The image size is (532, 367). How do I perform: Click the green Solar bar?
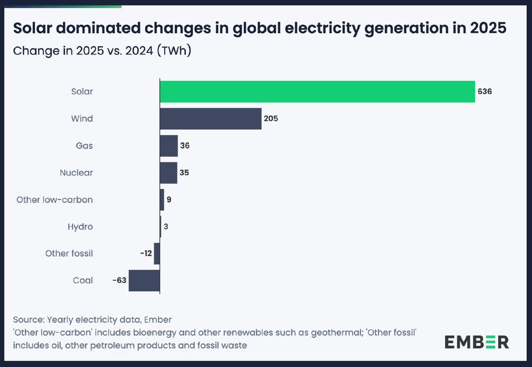(317, 92)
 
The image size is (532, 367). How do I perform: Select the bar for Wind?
(211, 118)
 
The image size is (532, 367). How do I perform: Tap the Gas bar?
(168, 146)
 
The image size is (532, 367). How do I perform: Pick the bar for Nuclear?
(168, 173)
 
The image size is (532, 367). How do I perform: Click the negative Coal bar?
(144, 280)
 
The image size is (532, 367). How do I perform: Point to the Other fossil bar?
(156, 253)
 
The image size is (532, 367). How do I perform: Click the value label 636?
(485, 92)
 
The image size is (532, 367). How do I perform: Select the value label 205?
(271, 119)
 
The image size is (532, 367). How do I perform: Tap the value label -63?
(119, 280)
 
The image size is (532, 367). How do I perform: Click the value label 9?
(169, 200)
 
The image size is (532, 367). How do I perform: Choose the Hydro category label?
(80, 227)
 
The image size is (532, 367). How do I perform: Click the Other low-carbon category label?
(55, 200)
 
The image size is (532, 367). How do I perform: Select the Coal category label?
(83, 280)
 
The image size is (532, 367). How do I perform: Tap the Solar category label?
(82, 92)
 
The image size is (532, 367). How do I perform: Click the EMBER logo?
(477, 342)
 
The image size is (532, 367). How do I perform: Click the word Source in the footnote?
(27, 320)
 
